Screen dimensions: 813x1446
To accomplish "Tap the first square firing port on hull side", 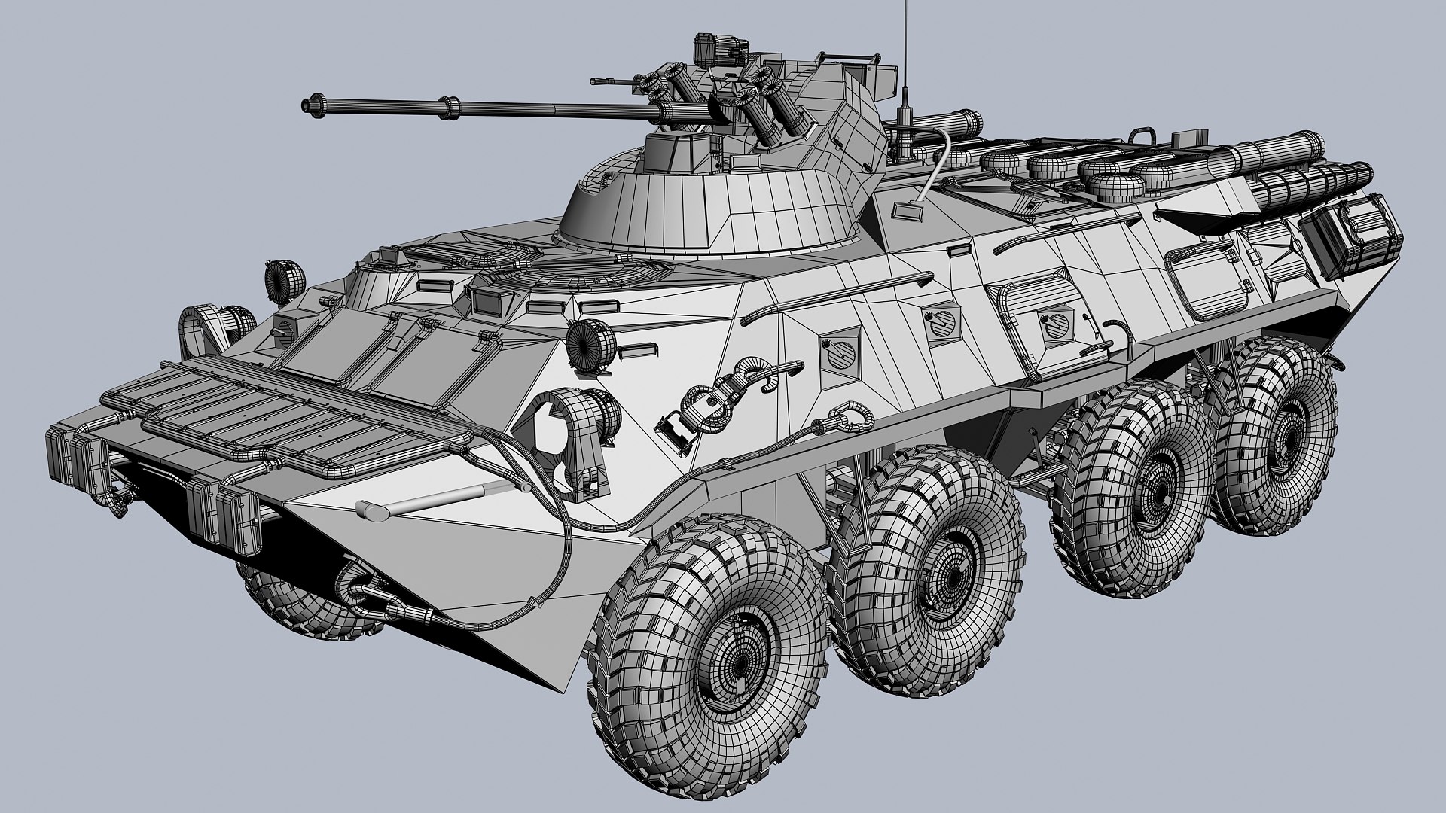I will click(841, 352).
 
